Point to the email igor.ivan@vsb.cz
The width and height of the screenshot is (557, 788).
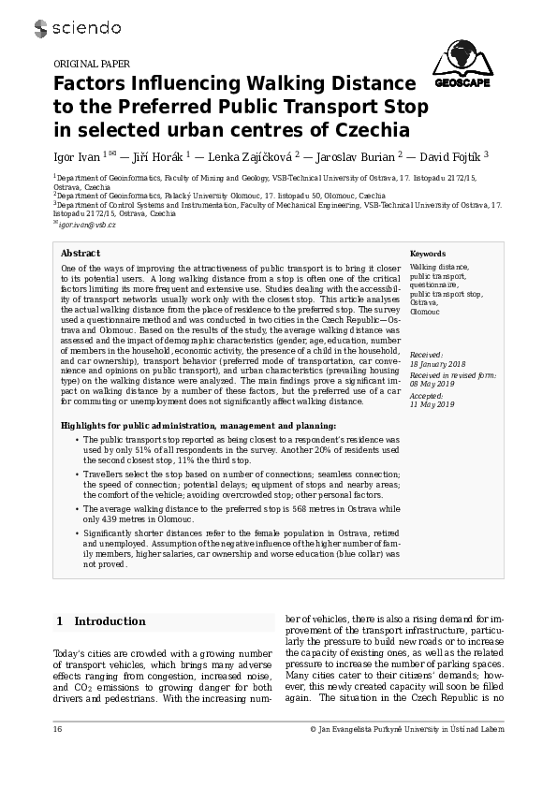click(x=87, y=225)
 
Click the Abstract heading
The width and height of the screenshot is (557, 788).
click(x=81, y=254)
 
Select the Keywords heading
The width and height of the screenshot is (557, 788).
click(x=428, y=254)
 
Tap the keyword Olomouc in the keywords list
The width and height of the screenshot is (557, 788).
click(x=424, y=311)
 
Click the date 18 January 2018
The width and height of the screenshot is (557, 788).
click(x=438, y=364)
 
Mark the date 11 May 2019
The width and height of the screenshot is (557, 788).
click(x=432, y=403)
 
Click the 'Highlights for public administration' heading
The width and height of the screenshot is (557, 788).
click(x=198, y=425)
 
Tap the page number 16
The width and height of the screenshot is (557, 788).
click(x=58, y=729)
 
